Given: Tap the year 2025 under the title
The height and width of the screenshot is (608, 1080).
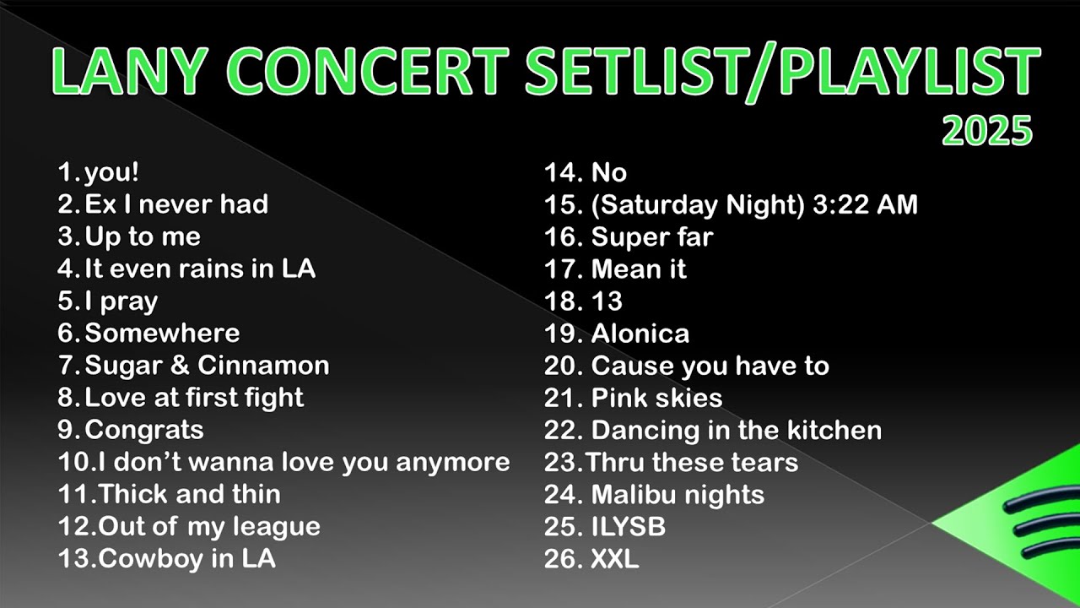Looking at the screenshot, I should [986, 131].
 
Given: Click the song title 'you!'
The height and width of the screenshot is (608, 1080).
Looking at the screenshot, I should [111, 172].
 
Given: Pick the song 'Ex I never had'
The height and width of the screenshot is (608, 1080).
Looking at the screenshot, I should [176, 204].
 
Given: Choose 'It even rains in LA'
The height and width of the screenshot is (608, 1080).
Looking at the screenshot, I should [200, 269].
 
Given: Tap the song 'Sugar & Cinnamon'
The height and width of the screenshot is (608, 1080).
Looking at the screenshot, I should [207, 366].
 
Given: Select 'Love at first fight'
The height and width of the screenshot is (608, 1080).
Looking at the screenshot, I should [194, 398].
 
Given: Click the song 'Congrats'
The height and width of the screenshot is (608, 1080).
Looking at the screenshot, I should [144, 430].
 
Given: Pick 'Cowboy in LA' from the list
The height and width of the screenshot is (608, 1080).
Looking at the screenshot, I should [187, 558].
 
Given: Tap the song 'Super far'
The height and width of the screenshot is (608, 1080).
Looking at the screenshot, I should [652, 236].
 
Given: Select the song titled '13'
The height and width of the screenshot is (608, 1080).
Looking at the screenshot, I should [607, 301].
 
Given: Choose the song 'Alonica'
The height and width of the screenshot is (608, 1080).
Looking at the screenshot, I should [640, 334].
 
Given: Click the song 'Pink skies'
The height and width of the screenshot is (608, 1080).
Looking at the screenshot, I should [657, 398].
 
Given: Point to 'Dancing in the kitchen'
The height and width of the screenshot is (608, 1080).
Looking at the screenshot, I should [737, 430].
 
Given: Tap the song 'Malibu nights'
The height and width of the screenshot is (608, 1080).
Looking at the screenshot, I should [678, 494].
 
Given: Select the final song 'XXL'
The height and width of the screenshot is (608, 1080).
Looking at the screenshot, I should [615, 558].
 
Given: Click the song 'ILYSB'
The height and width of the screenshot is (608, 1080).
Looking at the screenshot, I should [629, 526].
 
